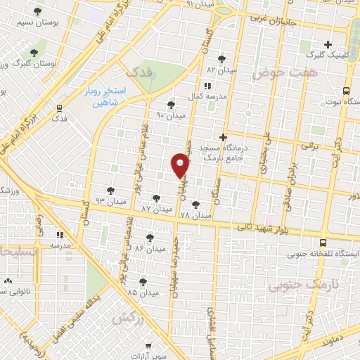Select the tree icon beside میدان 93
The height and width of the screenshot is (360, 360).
[109, 190]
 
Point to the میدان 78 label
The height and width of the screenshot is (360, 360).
[195, 214]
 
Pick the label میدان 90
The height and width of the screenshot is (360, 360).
[170, 115]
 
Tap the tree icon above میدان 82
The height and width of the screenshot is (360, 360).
[222, 59]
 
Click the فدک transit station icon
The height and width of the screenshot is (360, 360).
[59, 107]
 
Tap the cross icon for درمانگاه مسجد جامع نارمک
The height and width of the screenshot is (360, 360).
[223, 137]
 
